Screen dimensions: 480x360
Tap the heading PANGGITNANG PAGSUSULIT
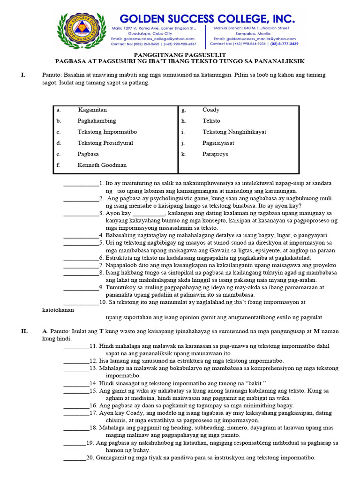pyautogui.click(x=180, y=54)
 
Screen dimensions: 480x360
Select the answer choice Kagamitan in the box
pyautogui.click(x=92, y=110)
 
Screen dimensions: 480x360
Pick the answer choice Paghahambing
pyautogui.click(x=97, y=121)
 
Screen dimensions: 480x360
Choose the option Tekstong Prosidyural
pyautogui.click(x=105, y=143)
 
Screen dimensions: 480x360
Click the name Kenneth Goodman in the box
pyautogui.click(x=102, y=165)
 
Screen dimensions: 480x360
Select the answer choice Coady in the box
pyautogui.click(x=211, y=110)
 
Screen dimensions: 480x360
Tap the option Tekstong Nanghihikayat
pyautogui.click(x=234, y=132)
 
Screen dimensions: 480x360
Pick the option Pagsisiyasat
pyautogui.click(x=218, y=143)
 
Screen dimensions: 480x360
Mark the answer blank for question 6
pyautogui.click(x=81, y=258)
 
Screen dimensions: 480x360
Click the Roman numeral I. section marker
pyautogui.click(x=22, y=75)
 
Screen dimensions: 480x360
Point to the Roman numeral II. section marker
pyautogui.click(x=24, y=331)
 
